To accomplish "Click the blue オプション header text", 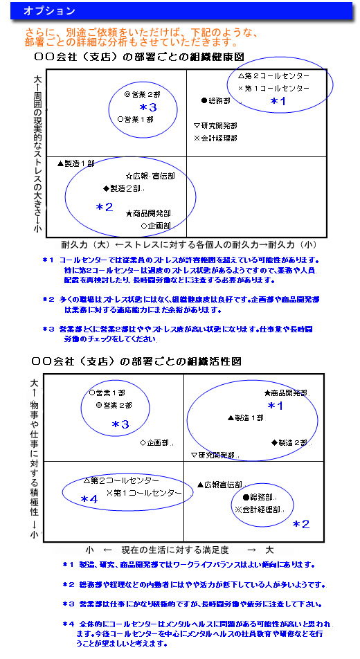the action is pyautogui.click(x=49, y=11).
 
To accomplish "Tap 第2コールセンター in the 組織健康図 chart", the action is pyautogui.click(x=277, y=75).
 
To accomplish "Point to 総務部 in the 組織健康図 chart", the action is pyautogui.click(x=219, y=100).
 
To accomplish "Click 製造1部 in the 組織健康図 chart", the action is pyautogui.click(x=80, y=163).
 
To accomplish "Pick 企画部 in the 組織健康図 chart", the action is pyautogui.click(x=159, y=226).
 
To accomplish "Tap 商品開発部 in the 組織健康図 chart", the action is pyautogui.click(x=152, y=213).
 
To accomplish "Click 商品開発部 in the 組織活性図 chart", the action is pyautogui.click(x=289, y=392).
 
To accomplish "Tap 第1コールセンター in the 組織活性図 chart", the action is pyautogui.click(x=148, y=493).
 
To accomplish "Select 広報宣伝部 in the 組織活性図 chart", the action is pyautogui.click(x=223, y=485).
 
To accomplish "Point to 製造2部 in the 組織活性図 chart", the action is pyautogui.click(x=293, y=442).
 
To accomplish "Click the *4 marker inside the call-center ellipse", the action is pyautogui.click(x=89, y=499).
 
